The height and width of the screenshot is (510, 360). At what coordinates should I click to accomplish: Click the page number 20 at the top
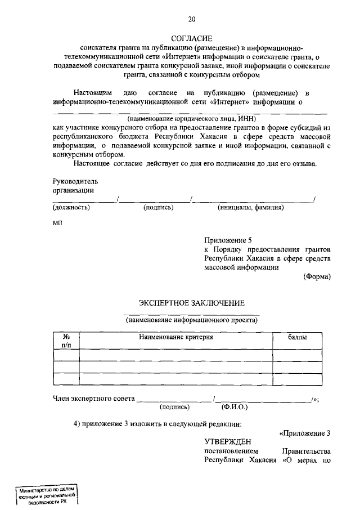point(192,20)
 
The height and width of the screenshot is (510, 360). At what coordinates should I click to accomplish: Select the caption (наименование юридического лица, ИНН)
point(192,119)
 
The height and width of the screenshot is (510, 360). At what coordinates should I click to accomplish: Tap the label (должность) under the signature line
point(71,207)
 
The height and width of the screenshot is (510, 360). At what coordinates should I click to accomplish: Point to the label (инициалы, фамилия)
point(250,207)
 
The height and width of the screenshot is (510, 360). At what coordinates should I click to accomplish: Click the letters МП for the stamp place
point(58,223)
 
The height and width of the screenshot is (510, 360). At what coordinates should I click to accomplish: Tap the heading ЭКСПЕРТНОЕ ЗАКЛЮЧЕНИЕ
point(192,303)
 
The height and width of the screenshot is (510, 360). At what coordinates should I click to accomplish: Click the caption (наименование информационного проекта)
point(192,320)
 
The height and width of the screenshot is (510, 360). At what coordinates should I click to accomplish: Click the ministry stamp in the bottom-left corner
point(46,495)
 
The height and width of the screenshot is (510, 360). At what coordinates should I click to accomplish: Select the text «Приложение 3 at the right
point(304,433)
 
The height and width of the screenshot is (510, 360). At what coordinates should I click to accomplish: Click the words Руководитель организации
point(75,186)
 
